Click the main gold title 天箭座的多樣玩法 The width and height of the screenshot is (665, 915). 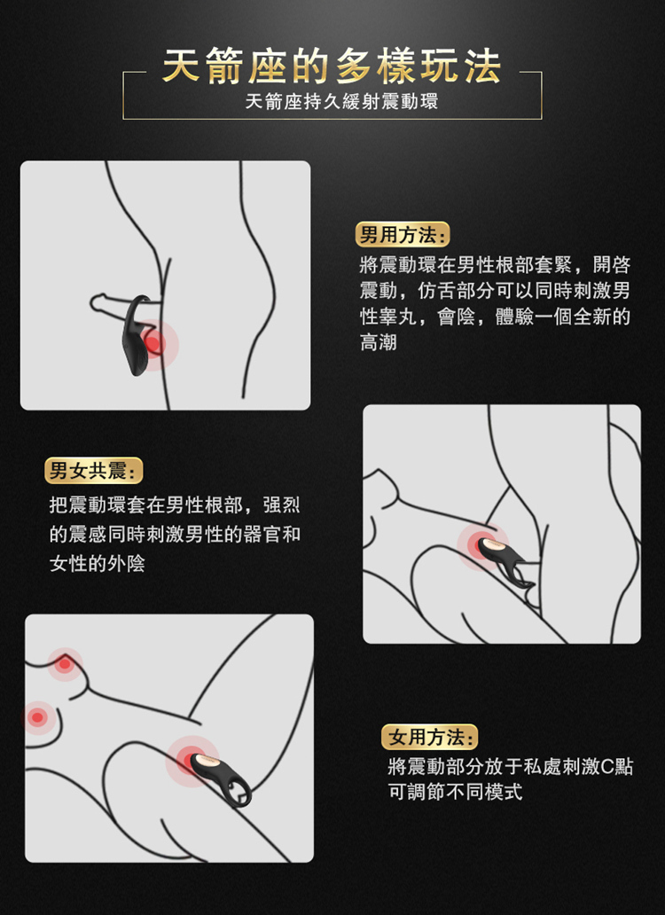(x=332, y=67)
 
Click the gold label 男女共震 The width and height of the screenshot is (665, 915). (x=94, y=470)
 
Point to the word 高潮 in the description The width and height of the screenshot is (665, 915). (x=379, y=342)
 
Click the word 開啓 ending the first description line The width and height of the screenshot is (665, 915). (x=613, y=265)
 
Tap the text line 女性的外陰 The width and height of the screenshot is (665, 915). (x=98, y=562)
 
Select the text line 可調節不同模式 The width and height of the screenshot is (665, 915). (x=455, y=792)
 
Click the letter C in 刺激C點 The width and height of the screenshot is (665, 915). (x=607, y=767)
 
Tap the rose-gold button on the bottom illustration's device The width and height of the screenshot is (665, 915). (x=202, y=762)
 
